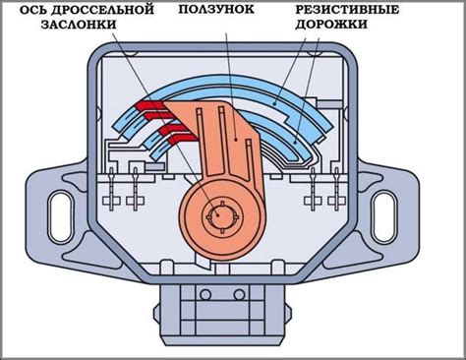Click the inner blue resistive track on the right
(x=285, y=138)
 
